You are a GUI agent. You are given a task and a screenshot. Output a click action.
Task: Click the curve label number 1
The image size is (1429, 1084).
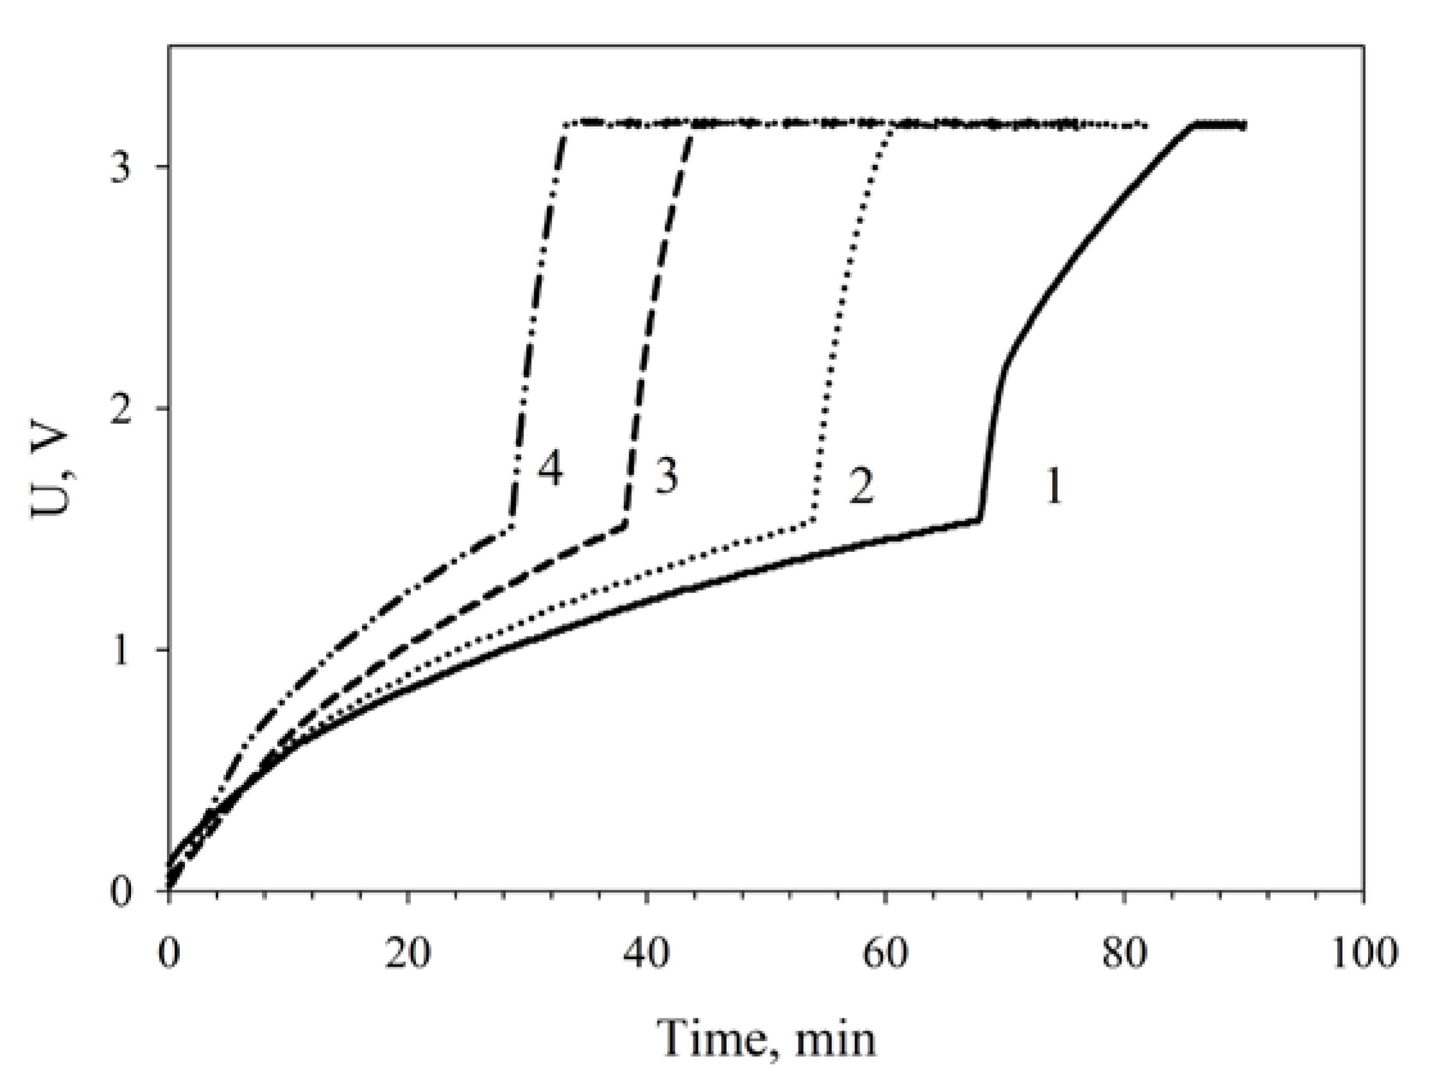click(x=1053, y=487)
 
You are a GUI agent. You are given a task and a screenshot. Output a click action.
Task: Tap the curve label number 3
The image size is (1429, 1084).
click(x=666, y=477)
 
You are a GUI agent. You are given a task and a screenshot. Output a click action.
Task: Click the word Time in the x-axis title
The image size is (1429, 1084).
click(x=710, y=1040)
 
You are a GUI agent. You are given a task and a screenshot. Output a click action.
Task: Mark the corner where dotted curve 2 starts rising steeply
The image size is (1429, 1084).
click(x=814, y=520)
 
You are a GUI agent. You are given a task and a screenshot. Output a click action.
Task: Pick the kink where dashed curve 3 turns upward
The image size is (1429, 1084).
click(x=625, y=524)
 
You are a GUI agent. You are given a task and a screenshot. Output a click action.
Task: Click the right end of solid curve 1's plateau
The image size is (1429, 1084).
click(x=1244, y=125)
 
